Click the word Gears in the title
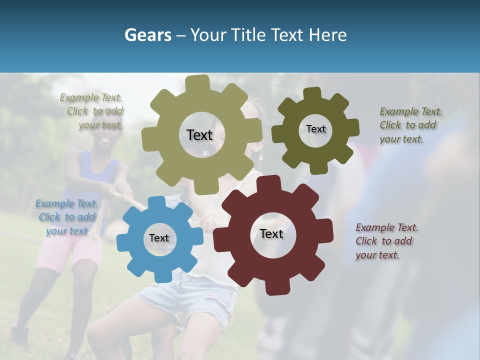point(147,35)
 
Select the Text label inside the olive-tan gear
point(199,135)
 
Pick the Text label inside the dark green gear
point(315,129)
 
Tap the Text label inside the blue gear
point(159,238)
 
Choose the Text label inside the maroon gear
point(271,233)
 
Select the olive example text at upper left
point(92,111)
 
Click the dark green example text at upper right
point(410,125)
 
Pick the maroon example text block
point(386,241)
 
